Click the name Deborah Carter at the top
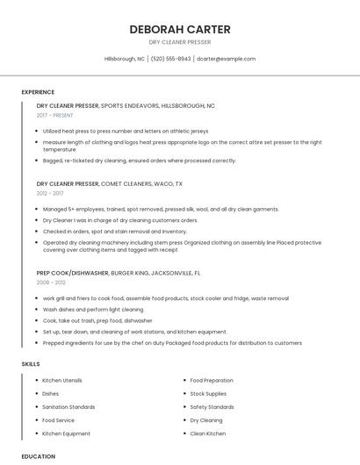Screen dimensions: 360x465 180,29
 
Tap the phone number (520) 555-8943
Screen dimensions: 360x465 170,59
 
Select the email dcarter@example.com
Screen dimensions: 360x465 226,59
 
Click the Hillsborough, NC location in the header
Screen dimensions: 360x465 125,59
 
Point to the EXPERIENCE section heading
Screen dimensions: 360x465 38,92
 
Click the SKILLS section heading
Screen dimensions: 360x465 31,363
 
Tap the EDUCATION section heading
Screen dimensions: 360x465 39,456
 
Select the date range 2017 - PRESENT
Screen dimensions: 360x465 55,115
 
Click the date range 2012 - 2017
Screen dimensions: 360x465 50,193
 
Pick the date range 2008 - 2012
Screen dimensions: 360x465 50,283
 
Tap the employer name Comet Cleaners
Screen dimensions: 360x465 129,184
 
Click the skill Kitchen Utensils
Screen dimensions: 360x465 62,381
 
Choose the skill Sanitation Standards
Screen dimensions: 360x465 68,407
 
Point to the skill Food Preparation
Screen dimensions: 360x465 212,381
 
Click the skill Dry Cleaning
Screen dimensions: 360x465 206,420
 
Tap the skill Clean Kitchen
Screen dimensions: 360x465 208,433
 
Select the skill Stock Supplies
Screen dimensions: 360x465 209,394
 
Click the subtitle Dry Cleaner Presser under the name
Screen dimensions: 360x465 180,42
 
